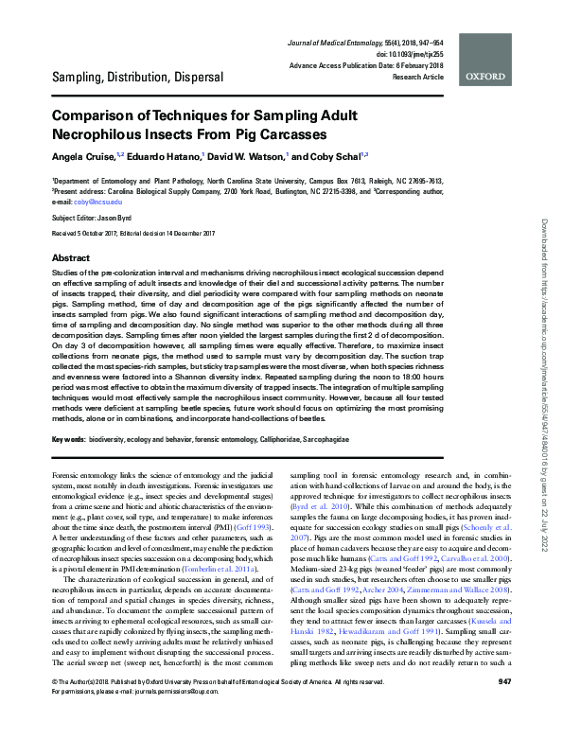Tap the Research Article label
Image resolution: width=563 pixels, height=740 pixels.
point(416,76)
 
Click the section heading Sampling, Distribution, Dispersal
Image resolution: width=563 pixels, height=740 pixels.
point(137,76)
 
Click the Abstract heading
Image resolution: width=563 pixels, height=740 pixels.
point(71,257)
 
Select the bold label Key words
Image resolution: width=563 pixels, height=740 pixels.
point(69,440)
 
